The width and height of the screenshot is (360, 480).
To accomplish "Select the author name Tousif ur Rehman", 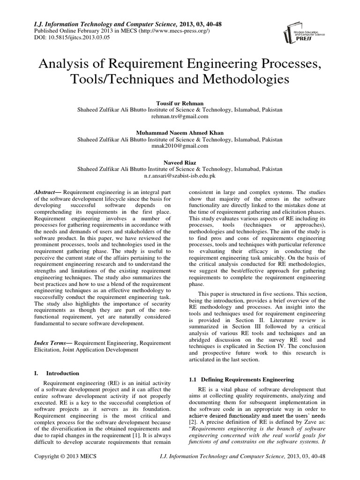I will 180,102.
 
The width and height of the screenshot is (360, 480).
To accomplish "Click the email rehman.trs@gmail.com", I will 180,116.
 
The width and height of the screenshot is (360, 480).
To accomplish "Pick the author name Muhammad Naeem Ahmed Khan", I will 180,133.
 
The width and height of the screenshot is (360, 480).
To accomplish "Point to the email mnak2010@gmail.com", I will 180,147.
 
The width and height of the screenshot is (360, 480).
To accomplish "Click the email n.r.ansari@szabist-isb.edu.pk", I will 180,177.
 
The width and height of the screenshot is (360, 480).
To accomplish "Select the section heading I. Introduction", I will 57,373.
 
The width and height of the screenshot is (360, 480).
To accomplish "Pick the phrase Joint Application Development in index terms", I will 99,349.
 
